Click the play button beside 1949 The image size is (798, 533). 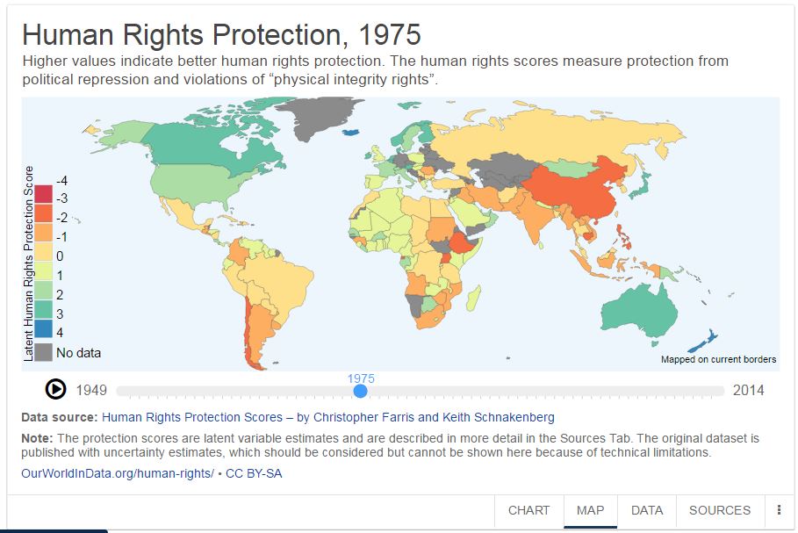click(55, 389)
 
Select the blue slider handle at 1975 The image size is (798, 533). click(360, 391)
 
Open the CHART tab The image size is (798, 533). click(528, 510)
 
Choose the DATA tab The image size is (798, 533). click(647, 510)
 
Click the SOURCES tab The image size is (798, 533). click(720, 510)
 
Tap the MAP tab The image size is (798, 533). click(590, 510)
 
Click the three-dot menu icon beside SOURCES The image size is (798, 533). click(779, 510)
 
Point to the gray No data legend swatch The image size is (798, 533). click(44, 353)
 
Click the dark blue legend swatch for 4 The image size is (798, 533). click(44, 332)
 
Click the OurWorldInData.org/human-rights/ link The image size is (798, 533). click(117, 473)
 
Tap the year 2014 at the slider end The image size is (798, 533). click(748, 391)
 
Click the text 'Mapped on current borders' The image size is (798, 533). click(718, 359)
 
